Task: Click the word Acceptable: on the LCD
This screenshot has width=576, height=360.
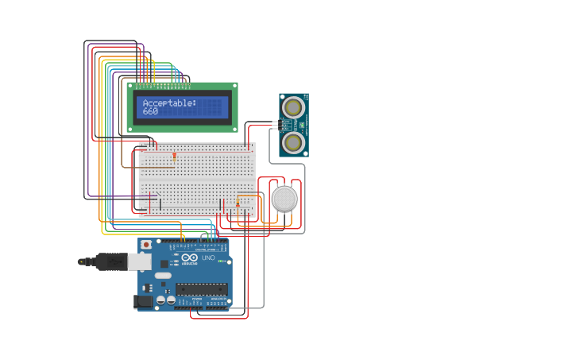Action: [x=169, y=103]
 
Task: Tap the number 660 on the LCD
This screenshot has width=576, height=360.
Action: [x=150, y=111]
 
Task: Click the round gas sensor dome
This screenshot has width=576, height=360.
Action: [x=284, y=199]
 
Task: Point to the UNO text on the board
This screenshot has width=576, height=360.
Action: [x=208, y=258]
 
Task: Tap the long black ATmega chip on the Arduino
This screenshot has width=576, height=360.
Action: [x=201, y=288]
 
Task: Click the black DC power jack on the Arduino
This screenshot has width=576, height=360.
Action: [x=144, y=301]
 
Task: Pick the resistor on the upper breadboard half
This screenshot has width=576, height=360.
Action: [x=174, y=158]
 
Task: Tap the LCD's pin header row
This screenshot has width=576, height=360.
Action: [x=164, y=85]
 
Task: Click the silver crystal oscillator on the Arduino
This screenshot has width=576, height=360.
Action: [x=163, y=275]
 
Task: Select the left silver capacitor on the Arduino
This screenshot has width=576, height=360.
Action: [x=160, y=300]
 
